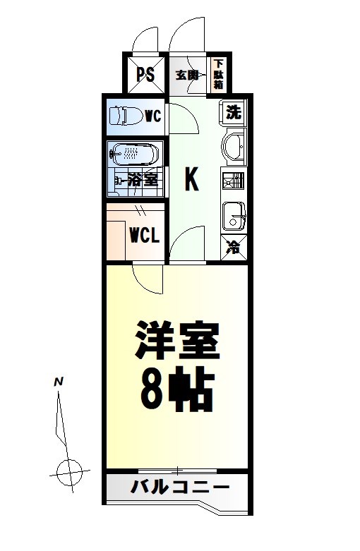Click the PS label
tap(146, 75)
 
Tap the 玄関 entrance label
tap(186, 75)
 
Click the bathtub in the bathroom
tap(134, 153)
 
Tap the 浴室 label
tap(143, 179)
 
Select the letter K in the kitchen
tap(191, 179)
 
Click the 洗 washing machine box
tap(234, 112)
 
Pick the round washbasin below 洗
tap(233, 147)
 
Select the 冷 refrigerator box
tap(233, 248)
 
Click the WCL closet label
tap(144, 235)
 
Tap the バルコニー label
tap(180, 488)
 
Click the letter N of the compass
tap(59, 382)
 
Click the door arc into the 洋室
tap(147, 279)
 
